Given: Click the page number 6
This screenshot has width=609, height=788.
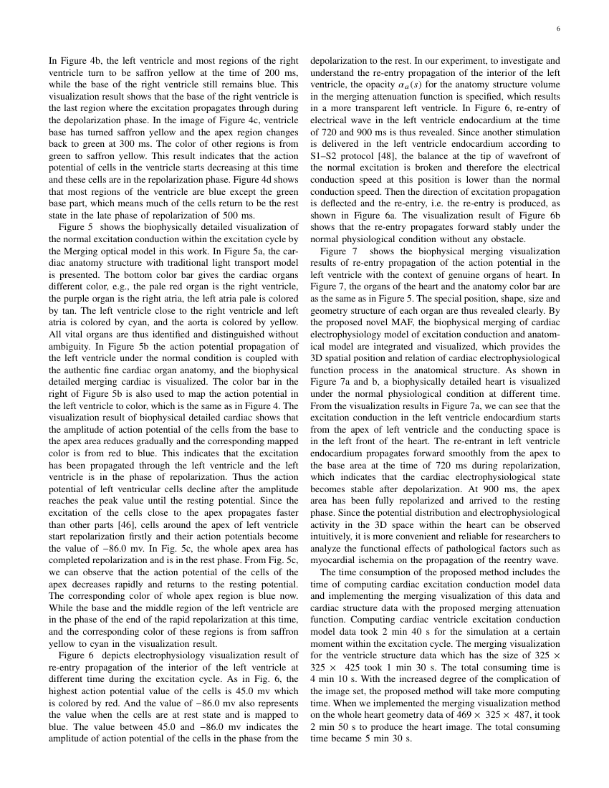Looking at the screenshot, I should coord(558,29).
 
